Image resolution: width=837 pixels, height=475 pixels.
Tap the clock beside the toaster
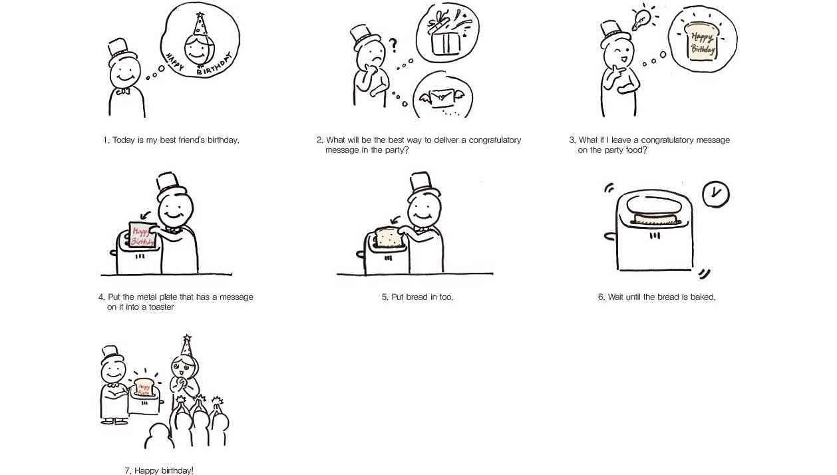tap(715, 194)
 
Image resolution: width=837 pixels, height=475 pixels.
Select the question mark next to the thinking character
tap(393, 45)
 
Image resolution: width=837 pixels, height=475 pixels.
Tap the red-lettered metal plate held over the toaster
tap(142, 235)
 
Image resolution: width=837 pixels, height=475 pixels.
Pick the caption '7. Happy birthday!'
tap(159, 470)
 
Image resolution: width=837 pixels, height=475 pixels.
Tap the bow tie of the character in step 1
tap(123, 91)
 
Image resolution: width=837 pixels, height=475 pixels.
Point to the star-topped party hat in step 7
tap(186, 346)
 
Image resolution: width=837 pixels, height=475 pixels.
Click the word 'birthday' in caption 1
tap(223, 140)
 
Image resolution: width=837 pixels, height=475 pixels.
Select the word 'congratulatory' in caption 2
tap(495, 140)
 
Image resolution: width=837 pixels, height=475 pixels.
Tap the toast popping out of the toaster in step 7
tap(143, 387)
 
